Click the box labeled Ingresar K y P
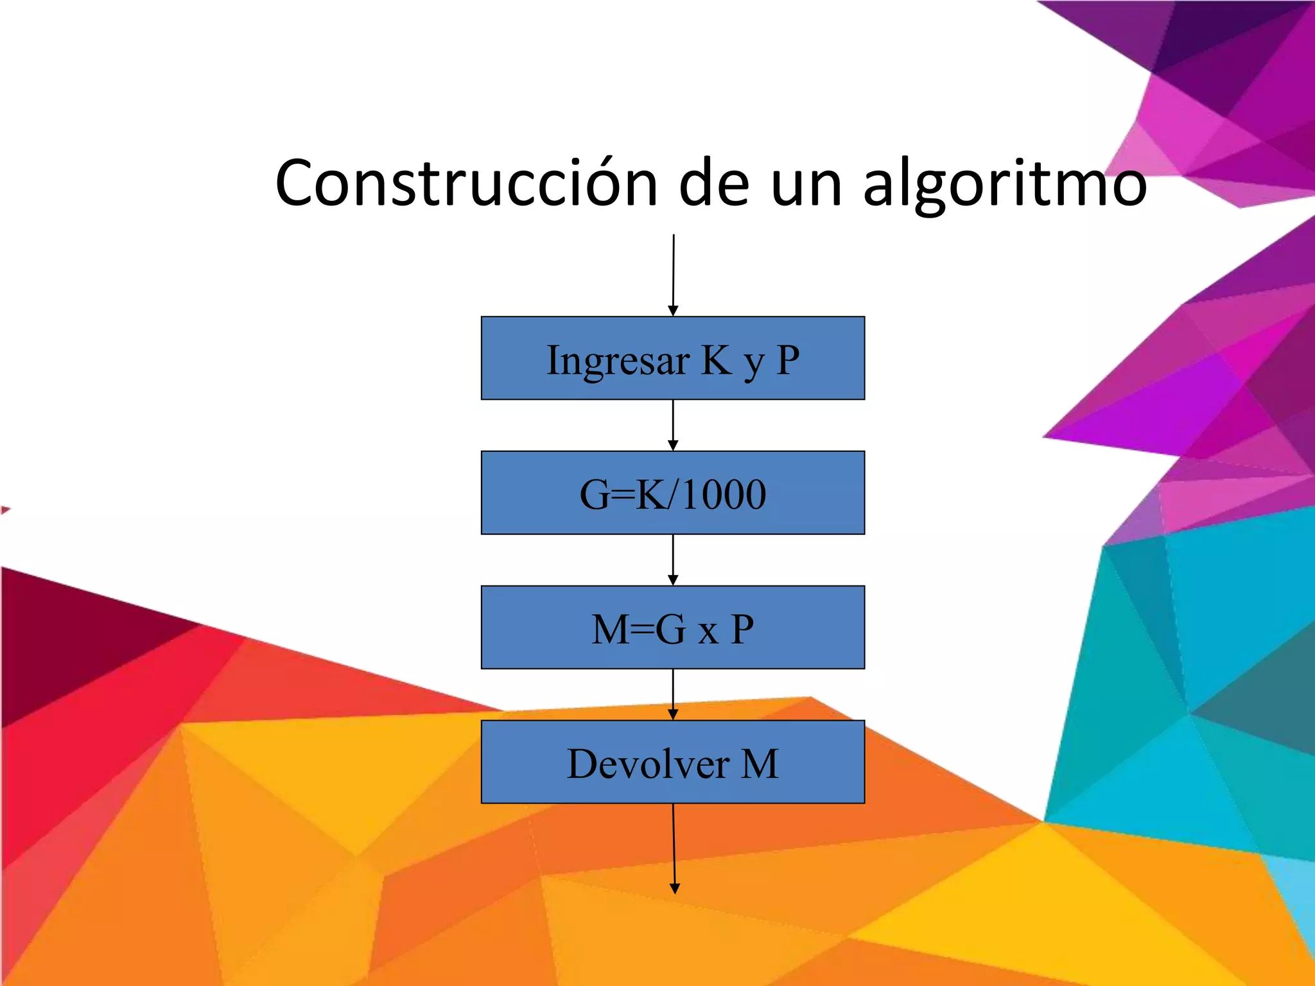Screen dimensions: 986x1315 673,358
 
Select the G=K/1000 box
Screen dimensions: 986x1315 673,493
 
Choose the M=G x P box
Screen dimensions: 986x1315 673,628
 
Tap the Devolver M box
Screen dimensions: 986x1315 673,762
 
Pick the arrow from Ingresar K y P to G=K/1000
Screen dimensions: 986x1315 673,425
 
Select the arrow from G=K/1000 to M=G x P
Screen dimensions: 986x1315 673,560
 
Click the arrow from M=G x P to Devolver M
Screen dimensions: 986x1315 673,694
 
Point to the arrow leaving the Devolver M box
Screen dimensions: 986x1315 674,848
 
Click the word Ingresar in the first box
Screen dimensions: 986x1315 617,361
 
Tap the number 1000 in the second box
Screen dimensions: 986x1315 724,494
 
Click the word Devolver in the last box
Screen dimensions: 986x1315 649,764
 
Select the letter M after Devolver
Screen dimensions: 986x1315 760,764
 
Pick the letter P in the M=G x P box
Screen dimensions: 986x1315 742,629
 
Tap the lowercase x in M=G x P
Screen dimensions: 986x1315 708,632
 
